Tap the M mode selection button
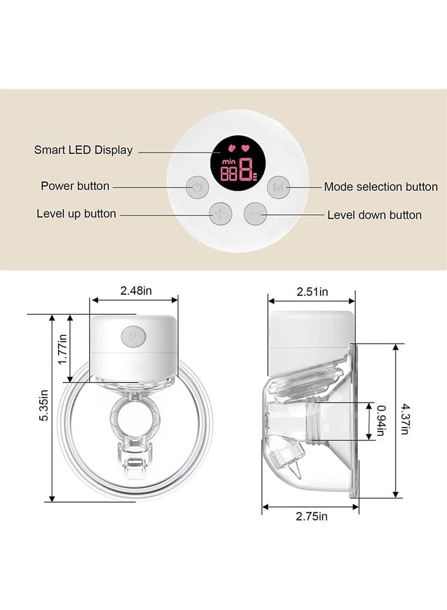[278, 188]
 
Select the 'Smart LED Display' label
[83, 150]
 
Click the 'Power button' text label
[75, 186]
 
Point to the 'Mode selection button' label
[381, 187]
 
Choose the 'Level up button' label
[76, 214]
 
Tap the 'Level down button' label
[374, 215]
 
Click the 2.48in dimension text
[136, 291]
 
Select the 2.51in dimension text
[312, 291]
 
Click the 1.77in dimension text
[63, 348]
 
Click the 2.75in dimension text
[312, 516]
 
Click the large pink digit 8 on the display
[245, 169]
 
